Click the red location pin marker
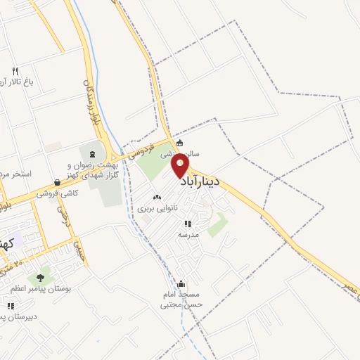(181, 165)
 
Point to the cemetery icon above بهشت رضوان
(92, 153)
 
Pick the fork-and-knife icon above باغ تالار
(15, 70)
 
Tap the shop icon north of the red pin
(180, 143)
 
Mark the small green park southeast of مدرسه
(218, 225)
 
